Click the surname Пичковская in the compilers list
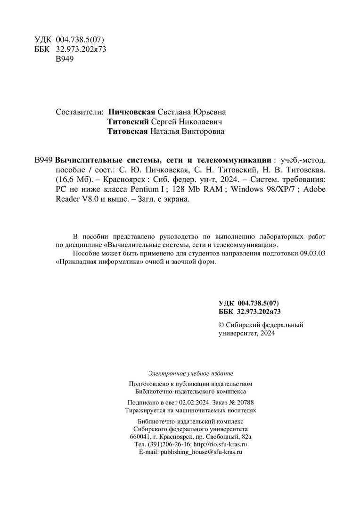click(131, 112)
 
